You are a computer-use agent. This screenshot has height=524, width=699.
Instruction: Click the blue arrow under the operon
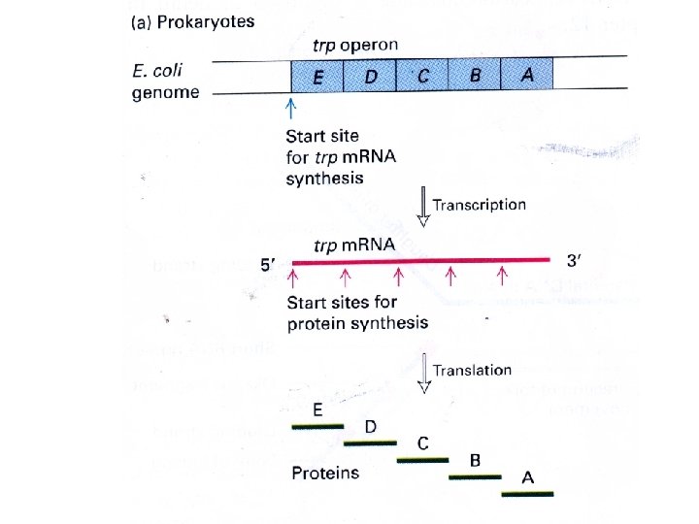click(x=293, y=106)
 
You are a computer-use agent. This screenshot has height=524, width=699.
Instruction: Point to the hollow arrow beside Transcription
click(x=423, y=207)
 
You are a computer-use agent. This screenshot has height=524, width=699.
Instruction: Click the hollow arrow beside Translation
click(x=423, y=374)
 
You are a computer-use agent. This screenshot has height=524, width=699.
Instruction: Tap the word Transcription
click(x=480, y=205)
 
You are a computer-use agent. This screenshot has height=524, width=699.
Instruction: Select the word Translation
click(x=472, y=370)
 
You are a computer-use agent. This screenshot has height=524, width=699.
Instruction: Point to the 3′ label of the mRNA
click(x=575, y=261)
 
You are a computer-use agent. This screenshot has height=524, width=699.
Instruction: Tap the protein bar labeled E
click(x=317, y=426)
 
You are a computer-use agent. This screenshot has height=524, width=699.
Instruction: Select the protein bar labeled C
click(x=422, y=460)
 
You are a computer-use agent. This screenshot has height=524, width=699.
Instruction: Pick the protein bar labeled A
click(x=527, y=494)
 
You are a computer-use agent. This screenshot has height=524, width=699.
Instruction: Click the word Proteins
click(x=325, y=474)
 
